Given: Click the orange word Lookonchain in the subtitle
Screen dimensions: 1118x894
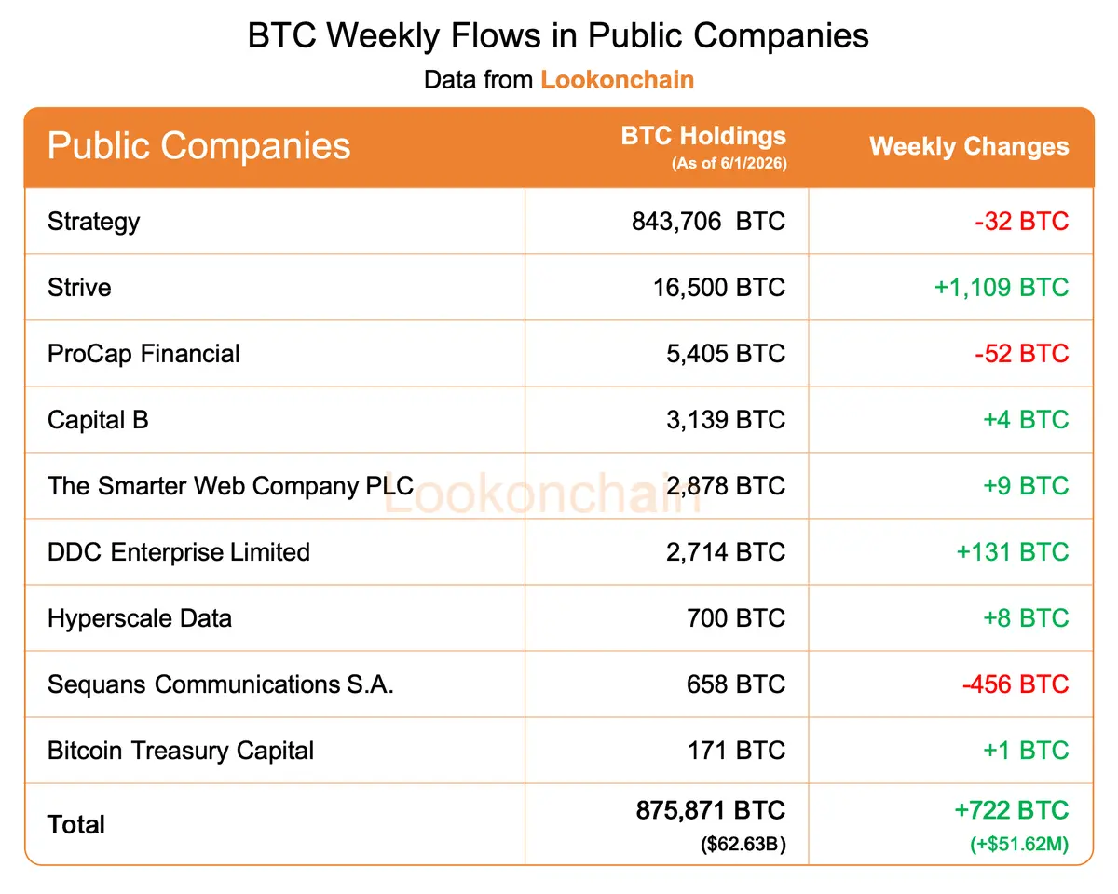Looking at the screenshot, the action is click(617, 80).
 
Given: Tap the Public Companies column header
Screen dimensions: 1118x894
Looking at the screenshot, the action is click(199, 146).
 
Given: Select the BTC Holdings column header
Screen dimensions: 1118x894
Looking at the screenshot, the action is click(703, 136).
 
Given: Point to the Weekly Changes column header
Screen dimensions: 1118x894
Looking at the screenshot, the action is click(969, 146).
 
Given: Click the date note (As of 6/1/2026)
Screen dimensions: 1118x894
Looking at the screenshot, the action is click(729, 163).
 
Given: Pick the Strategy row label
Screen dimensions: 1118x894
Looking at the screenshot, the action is click(93, 223).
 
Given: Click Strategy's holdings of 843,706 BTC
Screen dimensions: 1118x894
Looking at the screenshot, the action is click(708, 222).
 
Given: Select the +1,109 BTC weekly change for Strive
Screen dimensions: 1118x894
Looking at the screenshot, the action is click(1002, 287).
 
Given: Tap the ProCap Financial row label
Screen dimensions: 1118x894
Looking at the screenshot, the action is click(143, 354).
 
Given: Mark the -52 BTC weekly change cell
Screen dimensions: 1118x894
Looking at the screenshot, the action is click(1021, 354).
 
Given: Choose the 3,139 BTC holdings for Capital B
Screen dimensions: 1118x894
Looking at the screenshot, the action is click(726, 420).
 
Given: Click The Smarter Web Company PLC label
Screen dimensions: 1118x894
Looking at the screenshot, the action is click(230, 486).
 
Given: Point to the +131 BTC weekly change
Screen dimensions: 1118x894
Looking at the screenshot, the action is click(1013, 551).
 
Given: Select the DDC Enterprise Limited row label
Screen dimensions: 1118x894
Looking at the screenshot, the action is click(179, 551).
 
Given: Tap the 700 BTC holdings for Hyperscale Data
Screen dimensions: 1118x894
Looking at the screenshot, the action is click(736, 618).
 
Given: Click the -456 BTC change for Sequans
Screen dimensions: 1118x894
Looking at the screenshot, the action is click(1016, 684).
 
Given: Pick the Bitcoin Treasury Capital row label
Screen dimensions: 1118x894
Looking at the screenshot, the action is click(181, 752).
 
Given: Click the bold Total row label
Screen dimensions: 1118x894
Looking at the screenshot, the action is click(75, 824).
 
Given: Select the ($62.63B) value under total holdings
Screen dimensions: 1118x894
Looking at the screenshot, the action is click(743, 844).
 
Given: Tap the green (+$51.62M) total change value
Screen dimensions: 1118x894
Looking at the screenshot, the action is click(1019, 844).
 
